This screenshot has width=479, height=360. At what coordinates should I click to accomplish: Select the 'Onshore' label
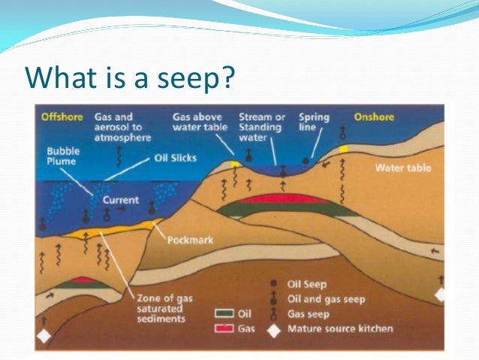click(x=373, y=117)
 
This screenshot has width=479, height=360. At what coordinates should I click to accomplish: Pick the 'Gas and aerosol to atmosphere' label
click(x=122, y=127)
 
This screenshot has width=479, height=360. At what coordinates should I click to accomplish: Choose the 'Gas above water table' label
click(x=197, y=123)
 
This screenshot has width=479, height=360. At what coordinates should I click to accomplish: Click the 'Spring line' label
click(x=314, y=123)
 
